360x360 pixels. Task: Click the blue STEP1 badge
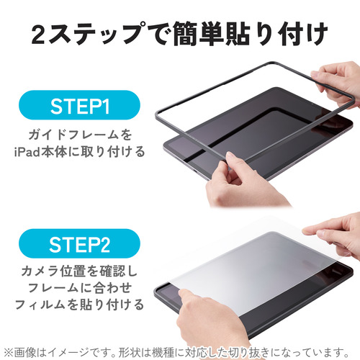point(79,105)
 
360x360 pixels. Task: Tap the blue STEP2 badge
point(79,243)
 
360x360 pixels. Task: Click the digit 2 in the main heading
point(38,34)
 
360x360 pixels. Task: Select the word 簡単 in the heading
point(197,34)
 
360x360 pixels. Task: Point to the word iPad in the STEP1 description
point(27,152)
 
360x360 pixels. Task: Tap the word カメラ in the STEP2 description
point(40,271)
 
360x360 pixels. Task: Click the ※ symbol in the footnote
point(9,352)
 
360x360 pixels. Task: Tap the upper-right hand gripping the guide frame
point(337,84)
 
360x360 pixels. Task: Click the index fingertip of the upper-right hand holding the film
point(305,231)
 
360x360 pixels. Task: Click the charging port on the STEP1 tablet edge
point(196,172)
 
